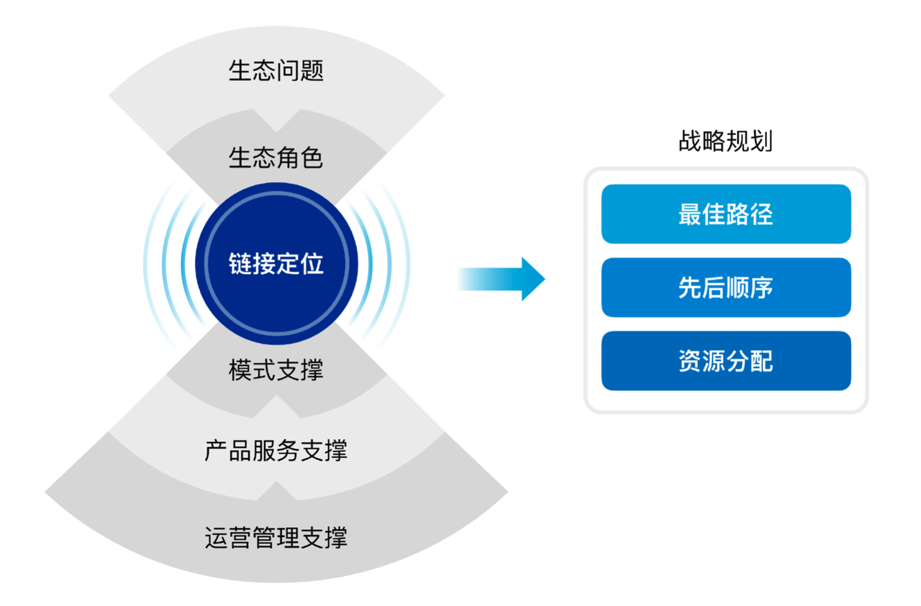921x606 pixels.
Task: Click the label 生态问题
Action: [276, 70]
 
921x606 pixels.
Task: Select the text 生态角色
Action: [276, 157]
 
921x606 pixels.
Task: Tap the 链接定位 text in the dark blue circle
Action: [276, 263]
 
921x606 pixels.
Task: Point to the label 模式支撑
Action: [276, 369]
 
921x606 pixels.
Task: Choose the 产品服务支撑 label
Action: [276, 450]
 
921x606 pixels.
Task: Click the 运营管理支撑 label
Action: [276, 538]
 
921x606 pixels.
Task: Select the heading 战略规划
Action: [726, 141]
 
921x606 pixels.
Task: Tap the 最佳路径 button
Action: [726, 214]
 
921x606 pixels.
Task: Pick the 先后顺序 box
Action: [726, 287]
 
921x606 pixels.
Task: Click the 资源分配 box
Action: [726, 361]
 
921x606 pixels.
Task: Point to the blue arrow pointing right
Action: [502, 279]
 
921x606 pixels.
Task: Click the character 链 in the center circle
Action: [240, 263]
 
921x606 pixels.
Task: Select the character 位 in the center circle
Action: [312, 263]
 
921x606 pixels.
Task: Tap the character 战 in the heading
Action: [690, 141]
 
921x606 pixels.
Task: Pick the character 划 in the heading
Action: [762, 141]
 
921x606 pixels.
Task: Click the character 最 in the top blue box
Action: [690, 214]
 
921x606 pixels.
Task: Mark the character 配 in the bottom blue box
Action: [762, 361]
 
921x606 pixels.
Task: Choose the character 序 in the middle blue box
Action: [762, 287]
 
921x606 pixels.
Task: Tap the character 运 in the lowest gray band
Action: [217, 538]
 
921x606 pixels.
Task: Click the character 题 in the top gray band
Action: [312, 70]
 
